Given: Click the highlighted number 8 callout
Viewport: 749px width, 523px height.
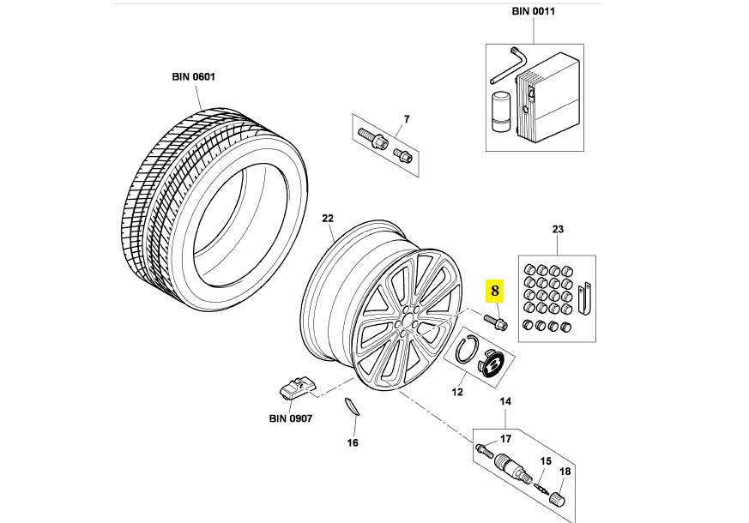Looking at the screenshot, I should [494, 291].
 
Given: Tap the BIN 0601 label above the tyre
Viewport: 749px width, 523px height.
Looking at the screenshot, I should [193, 76].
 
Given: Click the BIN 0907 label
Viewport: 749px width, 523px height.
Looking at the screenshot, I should [289, 418].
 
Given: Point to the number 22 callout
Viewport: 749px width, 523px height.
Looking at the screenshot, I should [327, 219].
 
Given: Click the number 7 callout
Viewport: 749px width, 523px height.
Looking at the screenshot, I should [407, 118].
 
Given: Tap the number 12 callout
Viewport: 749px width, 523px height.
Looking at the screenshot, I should [457, 393].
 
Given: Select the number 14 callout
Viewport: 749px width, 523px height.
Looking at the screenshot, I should [505, 402].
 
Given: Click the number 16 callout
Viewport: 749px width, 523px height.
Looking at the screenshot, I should [353, 442].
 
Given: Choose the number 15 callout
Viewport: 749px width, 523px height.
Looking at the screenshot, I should [544, 461].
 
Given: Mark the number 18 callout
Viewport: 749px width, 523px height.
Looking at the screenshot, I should [565, 472].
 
